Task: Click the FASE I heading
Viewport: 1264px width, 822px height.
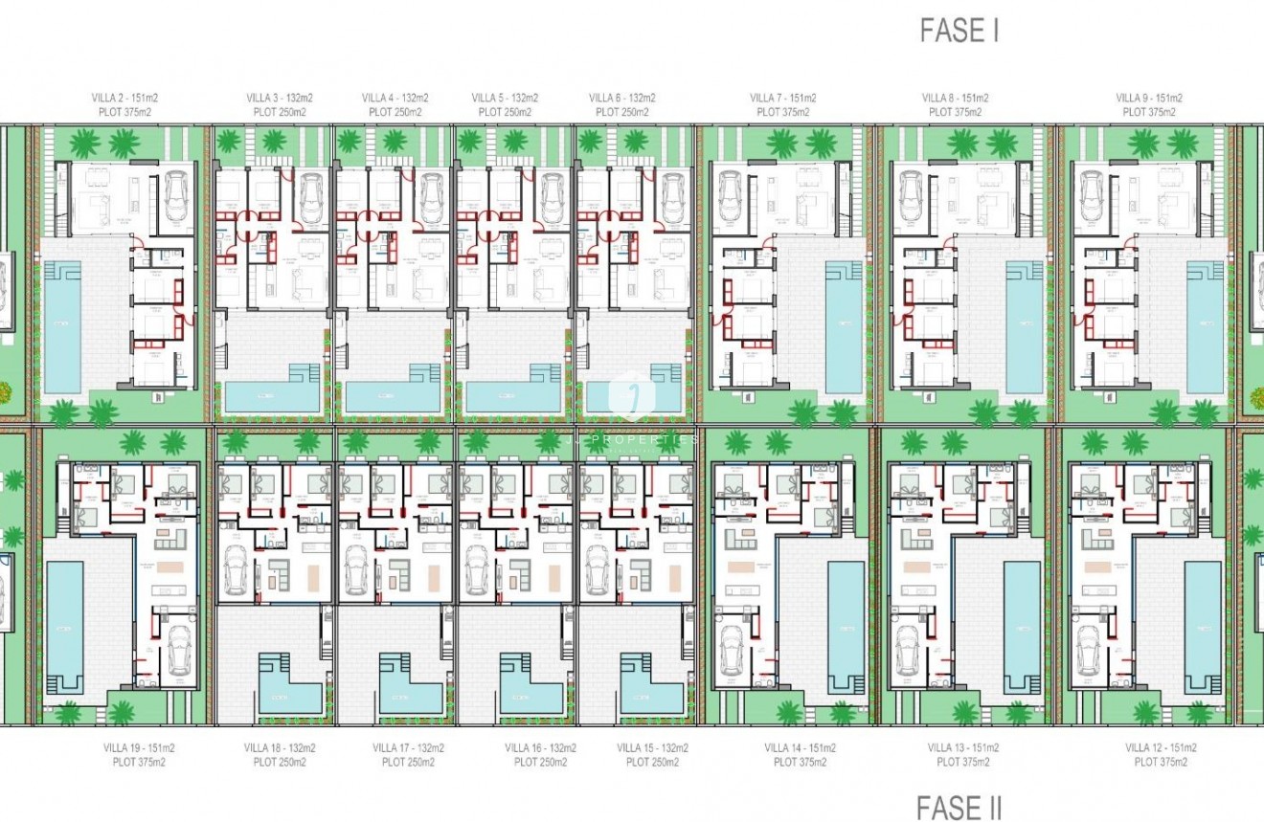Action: click(x=959, y=30)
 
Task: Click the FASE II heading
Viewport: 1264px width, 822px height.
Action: click(x=959, y=809)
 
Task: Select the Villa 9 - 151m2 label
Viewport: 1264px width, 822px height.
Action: click(x=1149, y=98)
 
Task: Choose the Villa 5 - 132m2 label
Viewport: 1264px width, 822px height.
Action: click(x=505, y=98)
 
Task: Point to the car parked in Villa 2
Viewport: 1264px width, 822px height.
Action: click(x=176, y=195)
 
